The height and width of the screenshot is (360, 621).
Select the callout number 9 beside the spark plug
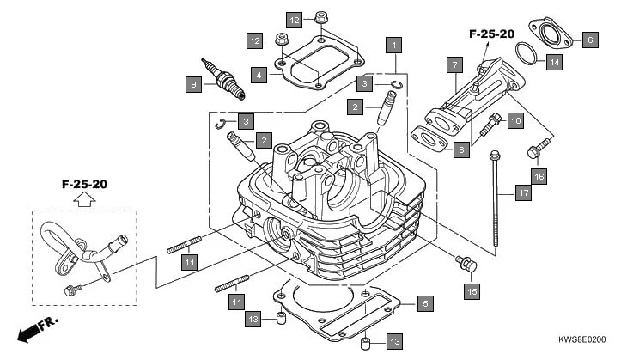194,83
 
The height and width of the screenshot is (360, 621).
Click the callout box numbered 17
521,193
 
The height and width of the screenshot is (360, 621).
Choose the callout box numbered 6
589,40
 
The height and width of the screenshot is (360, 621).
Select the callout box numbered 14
555,62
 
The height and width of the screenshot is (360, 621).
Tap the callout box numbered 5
424,302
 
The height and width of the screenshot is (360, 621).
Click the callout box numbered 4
259,76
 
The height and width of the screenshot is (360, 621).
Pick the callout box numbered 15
471,291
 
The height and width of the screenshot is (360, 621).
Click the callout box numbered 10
515,121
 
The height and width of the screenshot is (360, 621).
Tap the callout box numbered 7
454,64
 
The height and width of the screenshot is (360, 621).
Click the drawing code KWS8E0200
582,340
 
